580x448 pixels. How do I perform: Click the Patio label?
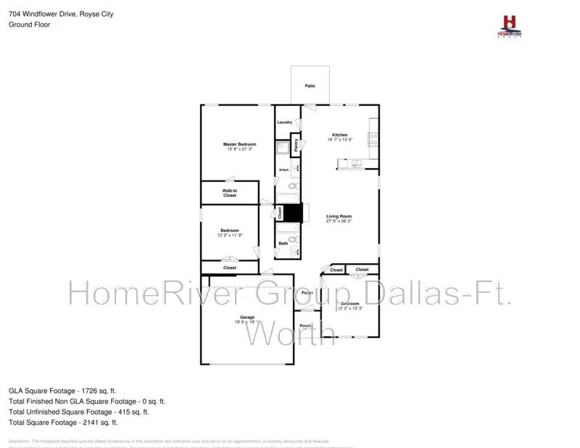pyautogui.click(x=310, y=86)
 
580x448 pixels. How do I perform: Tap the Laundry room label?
pyautogui.click(x=284, y=122)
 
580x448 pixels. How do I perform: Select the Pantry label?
pyautogui.click(x=296, y=144)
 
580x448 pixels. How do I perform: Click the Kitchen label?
pyautogui.click(x=340, y=135)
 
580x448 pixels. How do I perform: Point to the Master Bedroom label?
pyautogui.click(x=240, y=144)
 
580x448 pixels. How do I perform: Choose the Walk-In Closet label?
pyautogui.click(x=230, y=193)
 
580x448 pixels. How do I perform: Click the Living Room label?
pyautogui.click(x=339, y=216)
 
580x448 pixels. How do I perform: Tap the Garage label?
pyautogui.click(x=247, y=318)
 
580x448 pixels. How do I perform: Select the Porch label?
pyautogui.click(x=306, y=325)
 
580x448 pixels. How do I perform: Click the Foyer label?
pyautogui.click(x=307, y=293)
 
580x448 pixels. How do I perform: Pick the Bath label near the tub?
pyautogui.click(x=283, y=244)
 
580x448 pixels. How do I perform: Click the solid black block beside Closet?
pyautogui.click(x=292, y=213)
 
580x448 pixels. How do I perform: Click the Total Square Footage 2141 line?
pyautogui.click(x=63, y=422)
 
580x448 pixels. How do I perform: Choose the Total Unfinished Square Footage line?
pyautogui.click(x=79, y=411)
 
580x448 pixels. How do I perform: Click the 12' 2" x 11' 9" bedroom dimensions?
pyautogui.click(x=230, y=235)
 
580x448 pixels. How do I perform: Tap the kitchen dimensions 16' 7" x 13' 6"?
pyautogui.click(x=340, y=140)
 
